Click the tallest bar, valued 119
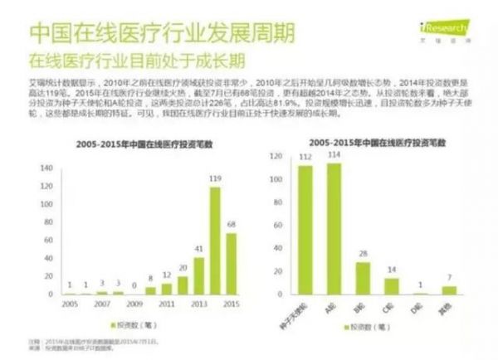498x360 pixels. pos(214,241)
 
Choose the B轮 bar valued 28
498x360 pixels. pos(363,278)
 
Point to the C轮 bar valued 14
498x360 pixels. pos(392,286)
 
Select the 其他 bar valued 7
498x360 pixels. pos(449,290)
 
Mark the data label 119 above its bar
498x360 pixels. pos(215,178)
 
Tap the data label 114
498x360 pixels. pos(334,155)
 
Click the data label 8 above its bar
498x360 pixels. pos(151,279)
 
